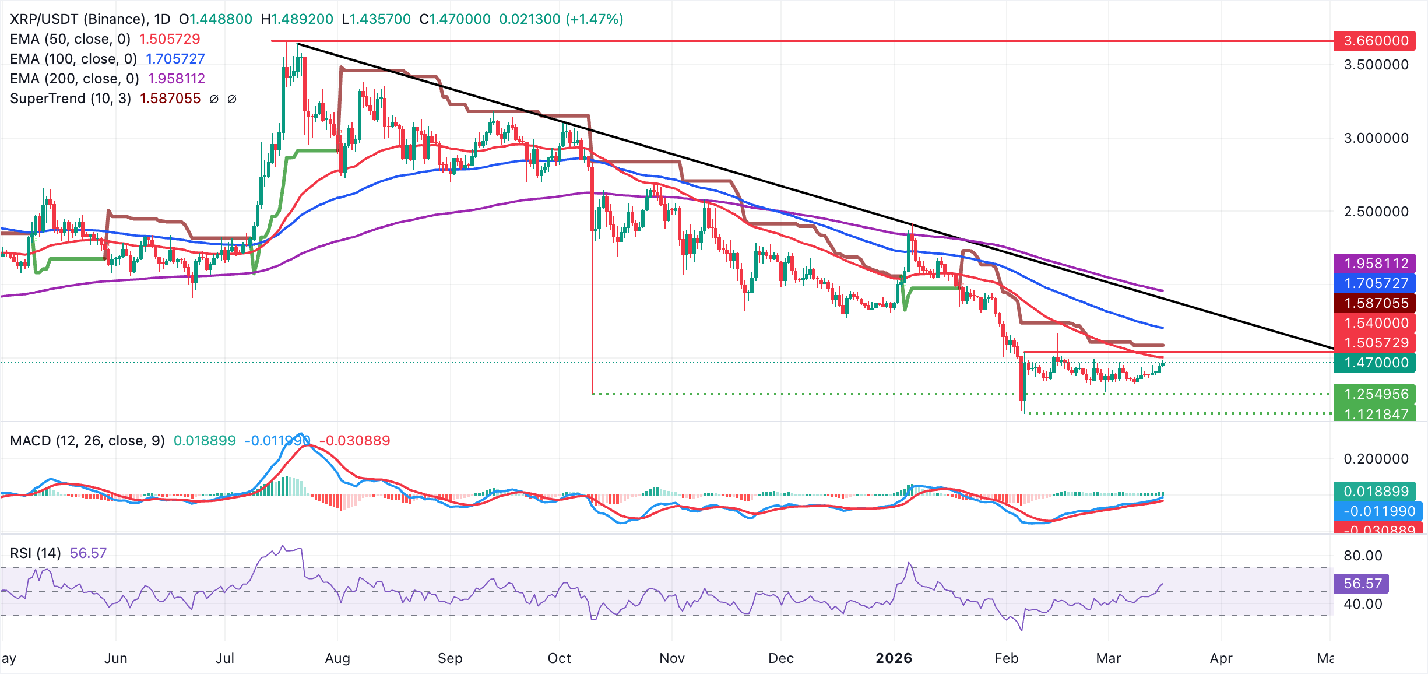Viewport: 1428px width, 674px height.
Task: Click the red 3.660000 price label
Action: click(x=1375, y=41)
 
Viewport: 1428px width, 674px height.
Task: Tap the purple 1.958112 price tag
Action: click(x=1375, y=264)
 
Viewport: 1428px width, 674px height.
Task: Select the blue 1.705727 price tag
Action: click(x=1375, y=283)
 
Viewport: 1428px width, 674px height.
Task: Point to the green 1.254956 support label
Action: click(x=1375, y=394)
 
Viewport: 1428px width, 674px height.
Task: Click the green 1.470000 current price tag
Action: click(x=1375, y=363)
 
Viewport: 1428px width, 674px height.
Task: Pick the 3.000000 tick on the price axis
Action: click(x=1376, y=138)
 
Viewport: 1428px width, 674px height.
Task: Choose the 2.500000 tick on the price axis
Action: click(x=1376, y=212)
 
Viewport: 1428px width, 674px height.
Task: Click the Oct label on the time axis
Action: click(x=559, y=658)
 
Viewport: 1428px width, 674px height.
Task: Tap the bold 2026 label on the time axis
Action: click(x=894, y=658)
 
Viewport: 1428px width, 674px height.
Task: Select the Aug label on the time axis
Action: click(x=337, y=658)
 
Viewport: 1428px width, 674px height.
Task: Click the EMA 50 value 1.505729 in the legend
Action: click(x=170, y=39)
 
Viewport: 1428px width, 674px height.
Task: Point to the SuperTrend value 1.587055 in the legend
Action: click(x=170, y=99)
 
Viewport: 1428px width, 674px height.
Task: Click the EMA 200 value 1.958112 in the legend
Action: click(x=177, y=79)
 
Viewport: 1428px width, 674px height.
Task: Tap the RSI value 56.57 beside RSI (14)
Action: click(x=88, y=553)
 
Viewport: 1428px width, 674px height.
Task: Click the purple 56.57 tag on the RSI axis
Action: click(x=1362, y=584)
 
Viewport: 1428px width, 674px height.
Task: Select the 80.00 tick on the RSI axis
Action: click(x=1363, y=556)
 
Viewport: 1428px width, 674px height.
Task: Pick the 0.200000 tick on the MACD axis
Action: click(x=1376, y=459)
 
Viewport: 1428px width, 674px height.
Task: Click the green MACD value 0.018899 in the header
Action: click(x=205, y=441)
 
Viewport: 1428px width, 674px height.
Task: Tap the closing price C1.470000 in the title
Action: click(x=455, y=19)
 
